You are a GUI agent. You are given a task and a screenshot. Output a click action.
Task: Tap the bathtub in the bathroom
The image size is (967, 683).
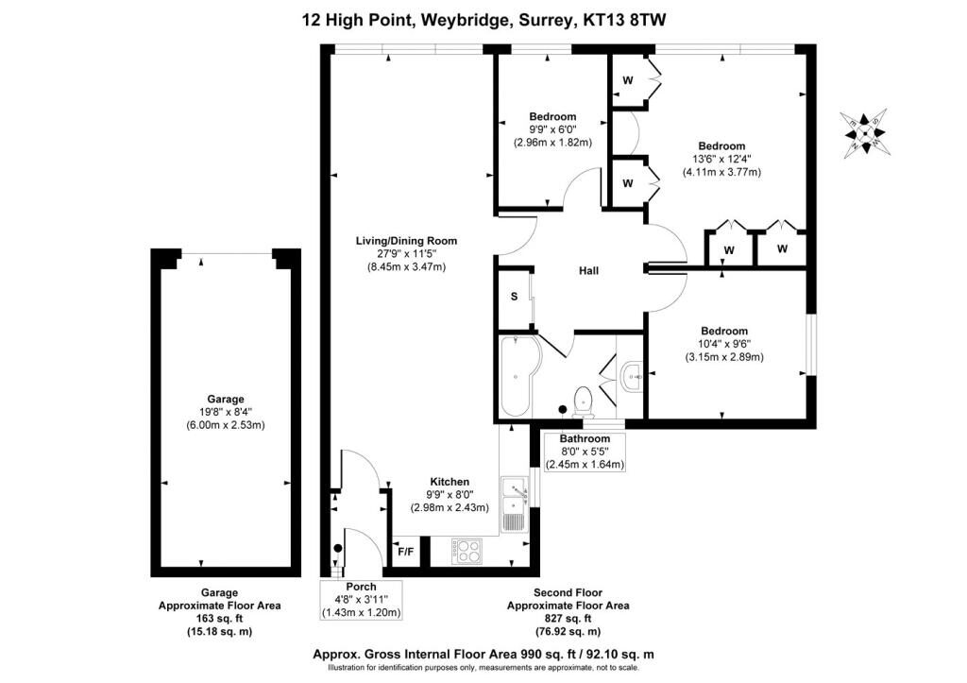coord(519,376)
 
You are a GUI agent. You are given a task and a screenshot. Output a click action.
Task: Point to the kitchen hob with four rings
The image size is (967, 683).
coord(468,551)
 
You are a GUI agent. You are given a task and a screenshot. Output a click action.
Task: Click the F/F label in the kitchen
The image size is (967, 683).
coord(406,552)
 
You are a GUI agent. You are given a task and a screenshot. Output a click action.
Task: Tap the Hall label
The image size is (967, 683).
coord(588,270)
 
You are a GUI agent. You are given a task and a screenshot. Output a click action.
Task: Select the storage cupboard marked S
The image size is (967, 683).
coord(515,297)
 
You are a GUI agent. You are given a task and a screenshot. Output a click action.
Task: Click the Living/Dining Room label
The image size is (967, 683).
coord(406,241)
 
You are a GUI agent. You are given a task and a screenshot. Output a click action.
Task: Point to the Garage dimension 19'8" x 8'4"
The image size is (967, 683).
coord(226,412)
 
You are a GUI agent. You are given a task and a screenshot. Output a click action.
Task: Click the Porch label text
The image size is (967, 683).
coord(361,587)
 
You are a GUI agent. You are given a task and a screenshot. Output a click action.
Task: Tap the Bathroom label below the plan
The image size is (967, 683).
coord(585,438)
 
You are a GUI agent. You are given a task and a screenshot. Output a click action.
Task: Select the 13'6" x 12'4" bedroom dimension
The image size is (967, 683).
coord(721,160)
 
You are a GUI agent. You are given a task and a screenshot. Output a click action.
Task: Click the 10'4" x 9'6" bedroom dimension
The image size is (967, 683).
coord(724,344)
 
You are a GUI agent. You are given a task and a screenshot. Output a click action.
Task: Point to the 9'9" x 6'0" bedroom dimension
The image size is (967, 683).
coord(552,129)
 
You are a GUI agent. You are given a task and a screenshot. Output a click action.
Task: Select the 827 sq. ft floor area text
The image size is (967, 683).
coord(568,619)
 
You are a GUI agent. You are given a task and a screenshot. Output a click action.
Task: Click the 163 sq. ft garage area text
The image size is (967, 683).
coord(219,619)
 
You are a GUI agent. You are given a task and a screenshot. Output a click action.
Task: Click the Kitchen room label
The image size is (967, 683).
coord(450,482)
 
